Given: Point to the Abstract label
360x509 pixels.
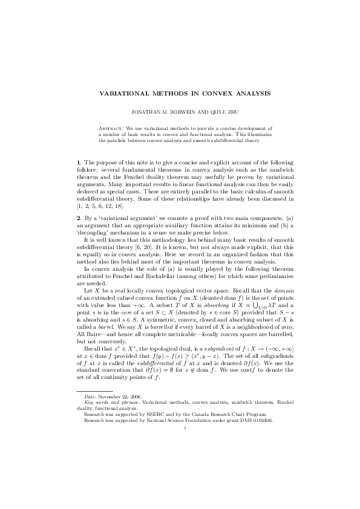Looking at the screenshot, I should click(111, 129).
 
